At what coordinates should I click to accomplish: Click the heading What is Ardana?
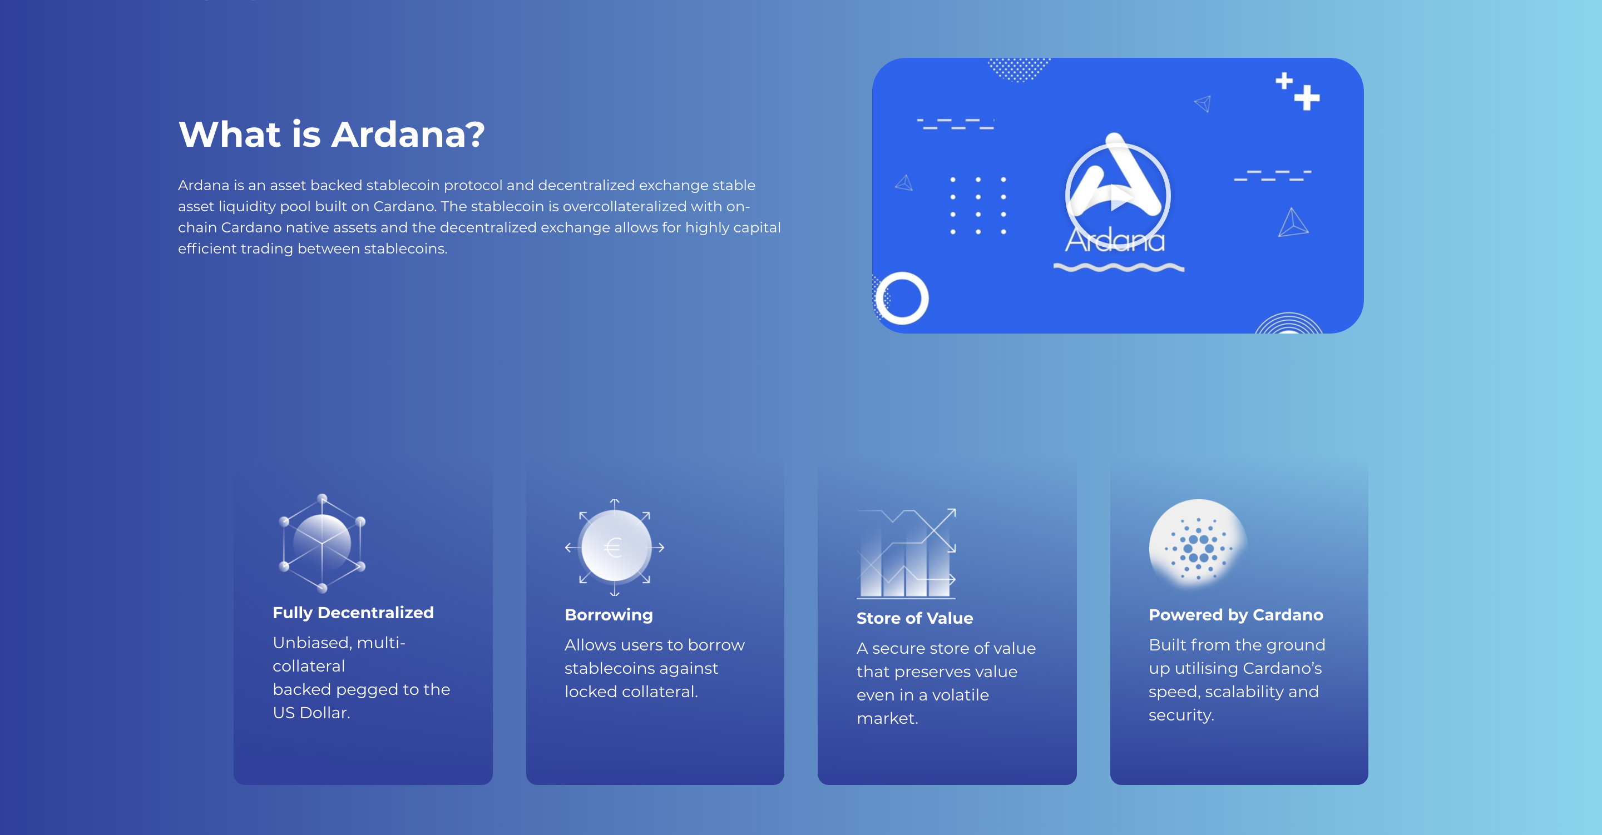point(331,135)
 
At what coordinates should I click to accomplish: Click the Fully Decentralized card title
point(353,613)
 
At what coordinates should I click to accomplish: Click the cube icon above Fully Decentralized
point(322,543)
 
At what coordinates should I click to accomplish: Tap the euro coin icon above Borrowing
point(615,547)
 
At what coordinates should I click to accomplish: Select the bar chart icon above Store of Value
point(906,553)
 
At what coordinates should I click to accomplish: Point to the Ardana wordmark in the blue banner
point(1115,241)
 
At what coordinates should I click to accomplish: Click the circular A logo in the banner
point(1118,190)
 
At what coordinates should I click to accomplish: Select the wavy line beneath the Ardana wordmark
point(1119,267)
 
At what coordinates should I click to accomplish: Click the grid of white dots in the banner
point(978,205)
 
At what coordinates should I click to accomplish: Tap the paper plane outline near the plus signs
point(1203,103)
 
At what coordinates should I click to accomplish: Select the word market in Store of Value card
point(886,719)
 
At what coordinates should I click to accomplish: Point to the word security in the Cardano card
point(1180,715)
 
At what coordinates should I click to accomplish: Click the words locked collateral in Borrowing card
point(631,692)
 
